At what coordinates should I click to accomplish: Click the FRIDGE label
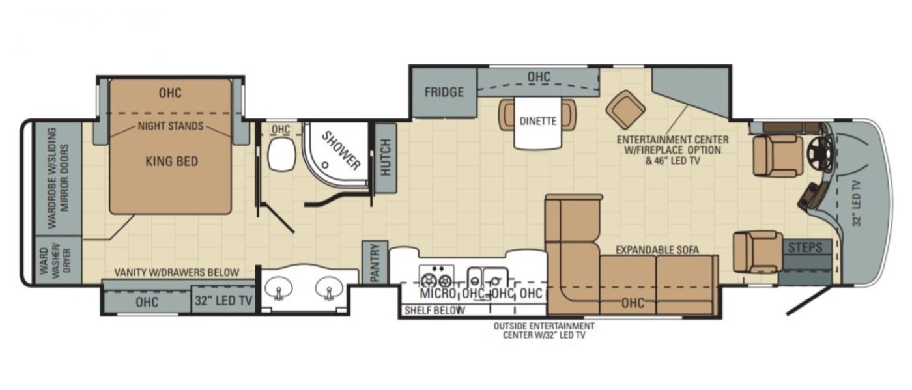tap(444, 92)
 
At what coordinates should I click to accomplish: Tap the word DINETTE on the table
tap(538, 121)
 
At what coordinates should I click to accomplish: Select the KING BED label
tap(172, 161)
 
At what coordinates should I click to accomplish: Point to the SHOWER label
tap(341, 150)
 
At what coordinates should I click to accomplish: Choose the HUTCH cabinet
tap(385, 158)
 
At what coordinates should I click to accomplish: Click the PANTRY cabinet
tap(375, 262)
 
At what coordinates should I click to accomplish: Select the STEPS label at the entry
tap(805, 247)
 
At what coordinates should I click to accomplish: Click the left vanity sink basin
tap(279, 288)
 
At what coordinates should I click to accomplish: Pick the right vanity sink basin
tap(329, 288)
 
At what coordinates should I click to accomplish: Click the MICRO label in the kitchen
tap(438, 293)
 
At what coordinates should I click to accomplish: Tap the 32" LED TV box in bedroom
tap(223, 301)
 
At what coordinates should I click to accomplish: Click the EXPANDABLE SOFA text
tap(657, 249)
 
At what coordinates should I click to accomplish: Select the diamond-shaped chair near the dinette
tap(625, 109)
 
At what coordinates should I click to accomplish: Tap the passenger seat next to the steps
tap(758, 251)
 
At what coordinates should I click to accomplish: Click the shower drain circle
tap(325, 165)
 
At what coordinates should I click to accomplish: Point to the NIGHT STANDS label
tap(170, 126)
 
